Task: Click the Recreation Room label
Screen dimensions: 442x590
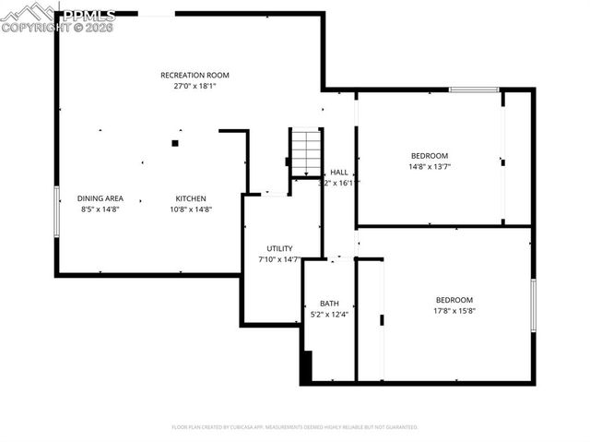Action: coord(195,75)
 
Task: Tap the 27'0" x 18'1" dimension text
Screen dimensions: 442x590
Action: coord(195,86)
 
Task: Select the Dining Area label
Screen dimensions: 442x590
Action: coord(100,198)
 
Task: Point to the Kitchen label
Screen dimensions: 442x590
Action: coord(192,198)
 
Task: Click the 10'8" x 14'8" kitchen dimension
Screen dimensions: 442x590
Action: coord(192,209)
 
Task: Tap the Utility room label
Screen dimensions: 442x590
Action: coord(279,248)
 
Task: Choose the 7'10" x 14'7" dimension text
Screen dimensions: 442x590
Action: coord(279,259)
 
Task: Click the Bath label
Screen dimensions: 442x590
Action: coord(329,304)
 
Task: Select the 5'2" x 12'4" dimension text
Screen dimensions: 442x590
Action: coord(329,315)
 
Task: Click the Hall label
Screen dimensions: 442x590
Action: coord(339,173)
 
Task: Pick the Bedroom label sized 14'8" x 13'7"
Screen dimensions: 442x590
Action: coord(430,155)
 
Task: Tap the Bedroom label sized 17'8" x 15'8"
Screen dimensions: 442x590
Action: coord(454,300)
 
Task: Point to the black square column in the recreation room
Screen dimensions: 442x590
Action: coord(174,143)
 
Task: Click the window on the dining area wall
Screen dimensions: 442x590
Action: coord(57,211)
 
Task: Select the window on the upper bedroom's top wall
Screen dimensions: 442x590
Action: coord(474,90)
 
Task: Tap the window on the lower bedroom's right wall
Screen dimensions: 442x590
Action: coord(533,305)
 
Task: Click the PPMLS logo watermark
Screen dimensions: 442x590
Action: coord(59,18)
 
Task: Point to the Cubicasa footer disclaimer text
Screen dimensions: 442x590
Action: coord(295,427)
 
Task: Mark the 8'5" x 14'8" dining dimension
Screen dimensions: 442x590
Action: coord(100,209)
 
